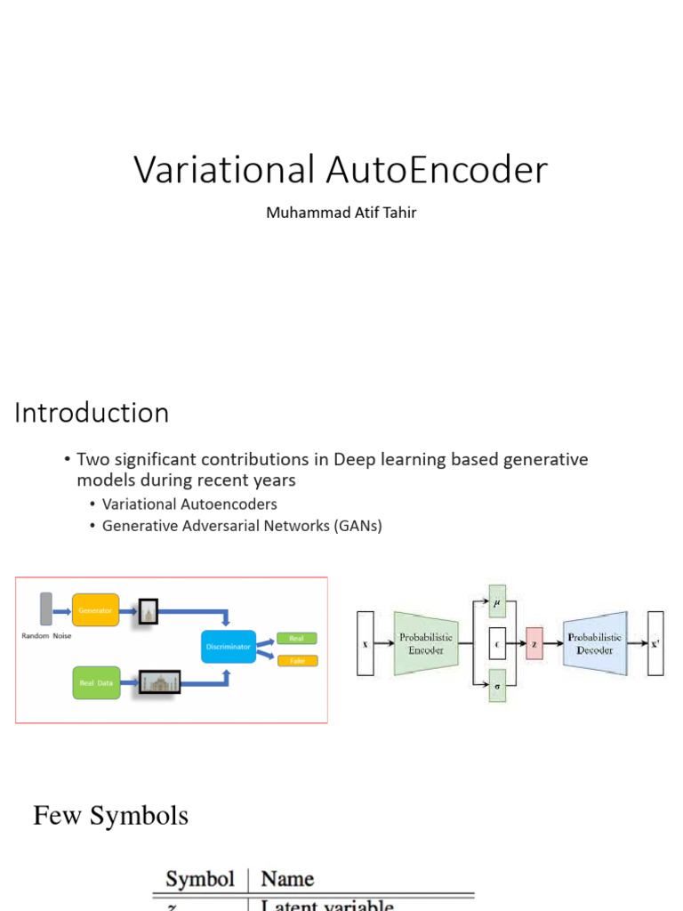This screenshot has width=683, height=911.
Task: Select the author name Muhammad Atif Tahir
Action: [341, 214]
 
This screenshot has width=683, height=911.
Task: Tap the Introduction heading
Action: [92, 413]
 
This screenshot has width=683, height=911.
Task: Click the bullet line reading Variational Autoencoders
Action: [189, 504]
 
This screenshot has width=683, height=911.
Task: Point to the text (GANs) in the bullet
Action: [358, 526]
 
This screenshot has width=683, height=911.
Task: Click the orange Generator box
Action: [95, 611]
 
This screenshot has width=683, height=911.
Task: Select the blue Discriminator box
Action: [229, 647]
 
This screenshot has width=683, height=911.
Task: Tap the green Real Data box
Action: [95, 682]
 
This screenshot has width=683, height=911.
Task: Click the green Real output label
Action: [297, 638]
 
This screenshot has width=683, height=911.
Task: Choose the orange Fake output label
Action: [297, 661]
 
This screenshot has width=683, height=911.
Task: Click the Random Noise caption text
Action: [47, 636]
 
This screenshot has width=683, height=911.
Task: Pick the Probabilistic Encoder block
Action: [425, 643]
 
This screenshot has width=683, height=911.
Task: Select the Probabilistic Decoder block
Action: [595, 643]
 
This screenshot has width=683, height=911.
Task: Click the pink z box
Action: [534, 643]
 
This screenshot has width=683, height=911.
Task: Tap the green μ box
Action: [497, 601]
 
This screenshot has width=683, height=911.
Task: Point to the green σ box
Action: [497, 685]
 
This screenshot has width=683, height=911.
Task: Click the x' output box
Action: [655, 643]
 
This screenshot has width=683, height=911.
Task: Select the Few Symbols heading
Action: [110, 815]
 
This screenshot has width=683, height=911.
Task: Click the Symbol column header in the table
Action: [200, 879]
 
